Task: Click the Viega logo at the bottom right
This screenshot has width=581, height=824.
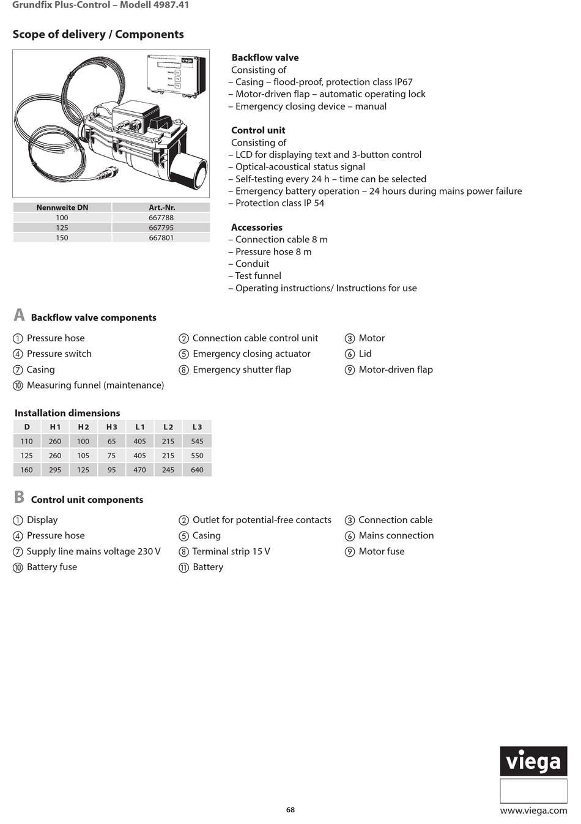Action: pyautogui.click(x=533, y=762)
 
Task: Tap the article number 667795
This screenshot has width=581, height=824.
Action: pyautogui.click(x=161, y=228)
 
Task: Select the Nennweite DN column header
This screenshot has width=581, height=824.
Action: pyautogui.click(x=62, y=207)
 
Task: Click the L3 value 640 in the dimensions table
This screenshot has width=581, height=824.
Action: pyautogui.click(x=197, y=470)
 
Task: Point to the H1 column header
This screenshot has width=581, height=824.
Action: pyautogui.click(x=55, y=427)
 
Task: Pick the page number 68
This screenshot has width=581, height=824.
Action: pyautogui.click(x=290, y=810)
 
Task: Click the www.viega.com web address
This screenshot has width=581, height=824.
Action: pyautogui.click(x=533, y=811)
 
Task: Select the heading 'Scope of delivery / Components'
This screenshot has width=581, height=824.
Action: pyautogui.click(x=98, y=34)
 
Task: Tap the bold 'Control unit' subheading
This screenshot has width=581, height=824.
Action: pyautogui.click(x=258, y=130)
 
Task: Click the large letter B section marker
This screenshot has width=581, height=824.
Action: pyautogui.click(x=19, y=497)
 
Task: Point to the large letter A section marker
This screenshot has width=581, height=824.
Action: pyautogui.click(x=19, y=315)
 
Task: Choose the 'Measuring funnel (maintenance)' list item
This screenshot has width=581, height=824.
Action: pyautogui.click(x=95, y=385)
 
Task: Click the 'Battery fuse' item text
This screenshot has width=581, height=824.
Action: pyautogui.click(x=52, y=567)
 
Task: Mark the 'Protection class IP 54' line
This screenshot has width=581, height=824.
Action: pyautogui.click(x=279, y=203)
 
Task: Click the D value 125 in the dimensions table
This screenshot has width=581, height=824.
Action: pyautogui.click(x=27, y=456)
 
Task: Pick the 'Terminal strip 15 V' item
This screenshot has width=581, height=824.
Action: pyautogui.click(x=231, y=551)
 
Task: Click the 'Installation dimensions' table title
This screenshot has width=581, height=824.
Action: pyautogui.click(x=67, y=413)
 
